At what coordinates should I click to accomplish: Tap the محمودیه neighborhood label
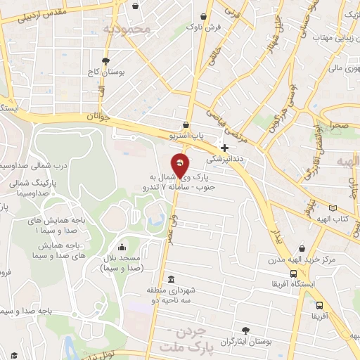click(127, 29)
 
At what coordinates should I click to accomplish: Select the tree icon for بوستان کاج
click(105, 61)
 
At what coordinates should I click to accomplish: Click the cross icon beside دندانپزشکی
click(224, 148)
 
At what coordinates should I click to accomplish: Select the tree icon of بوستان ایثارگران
click(245, 330)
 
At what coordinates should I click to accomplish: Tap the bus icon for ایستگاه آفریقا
click(293, 274)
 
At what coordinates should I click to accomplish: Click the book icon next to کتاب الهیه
click(342, 208)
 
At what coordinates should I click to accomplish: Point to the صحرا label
click(335, 124)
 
